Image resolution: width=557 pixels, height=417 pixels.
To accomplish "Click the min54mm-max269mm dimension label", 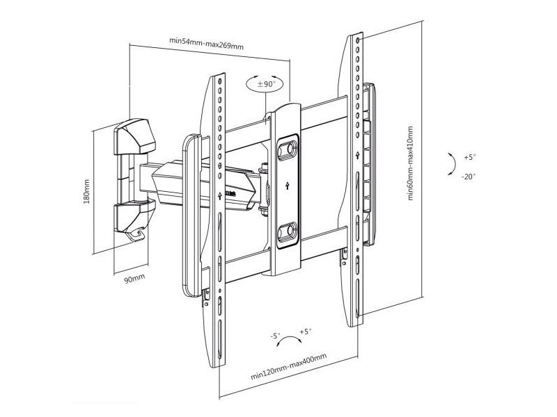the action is coord(206,43).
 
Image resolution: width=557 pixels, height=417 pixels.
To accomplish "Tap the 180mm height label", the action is coord(86,192).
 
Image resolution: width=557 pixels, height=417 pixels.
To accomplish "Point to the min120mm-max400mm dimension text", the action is coord(289,367).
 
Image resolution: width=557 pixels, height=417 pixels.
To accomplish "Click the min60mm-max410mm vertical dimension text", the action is coord(411,163).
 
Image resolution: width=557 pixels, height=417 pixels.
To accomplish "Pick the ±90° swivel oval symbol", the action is coord(265,84).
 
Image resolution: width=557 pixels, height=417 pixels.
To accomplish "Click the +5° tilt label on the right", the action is coord(469,157).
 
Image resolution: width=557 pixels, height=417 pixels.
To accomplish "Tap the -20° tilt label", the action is coord(469,177).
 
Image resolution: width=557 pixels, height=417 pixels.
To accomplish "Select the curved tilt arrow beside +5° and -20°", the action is coord(454,164).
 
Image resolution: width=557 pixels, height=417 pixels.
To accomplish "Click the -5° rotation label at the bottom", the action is coord(275,336).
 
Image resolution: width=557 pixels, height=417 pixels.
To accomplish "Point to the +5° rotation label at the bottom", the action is coord(305,332).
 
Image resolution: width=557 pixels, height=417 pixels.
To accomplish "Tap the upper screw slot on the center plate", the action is coord(288,149).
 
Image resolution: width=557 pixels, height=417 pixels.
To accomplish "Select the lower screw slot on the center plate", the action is coord(288,231).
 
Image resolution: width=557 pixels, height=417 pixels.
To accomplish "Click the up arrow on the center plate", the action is coord(288,186).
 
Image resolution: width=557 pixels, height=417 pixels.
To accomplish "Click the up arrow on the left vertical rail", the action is coord(220,195).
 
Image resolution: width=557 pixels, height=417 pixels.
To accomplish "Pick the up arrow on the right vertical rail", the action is coord(357,155).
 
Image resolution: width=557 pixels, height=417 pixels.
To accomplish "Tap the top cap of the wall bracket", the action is coord(134,136).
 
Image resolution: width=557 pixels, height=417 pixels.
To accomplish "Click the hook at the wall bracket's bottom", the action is coord(136,234).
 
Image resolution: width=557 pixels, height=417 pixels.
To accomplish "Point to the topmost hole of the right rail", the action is coord(357,40).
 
